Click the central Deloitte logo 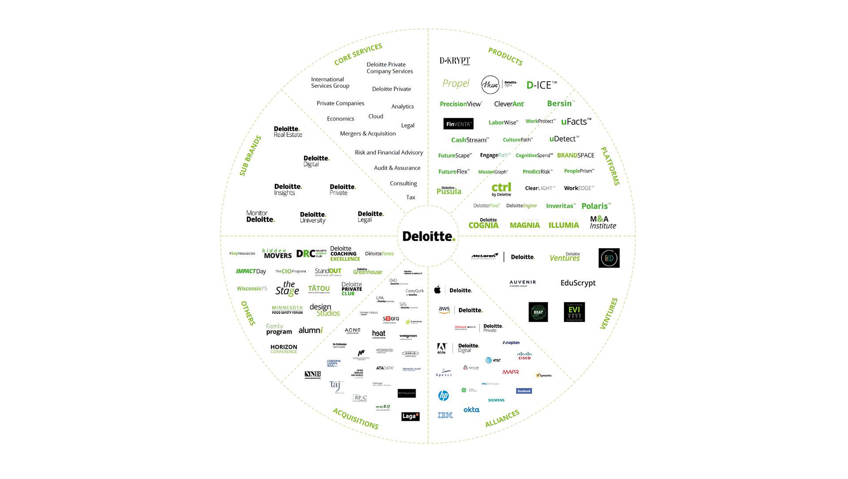point(428,236)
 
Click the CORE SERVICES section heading point(358,54)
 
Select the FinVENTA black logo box point(458,124)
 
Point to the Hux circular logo point(490,84)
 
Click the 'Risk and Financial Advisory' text point(389,152)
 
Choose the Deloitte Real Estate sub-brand point(288,132)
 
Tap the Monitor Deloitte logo point(260,216)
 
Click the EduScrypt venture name point(578,283)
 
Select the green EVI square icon point(574,312)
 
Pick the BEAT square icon point(538,312)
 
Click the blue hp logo point(443,396)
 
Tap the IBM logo point(445,415)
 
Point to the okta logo point(471,410)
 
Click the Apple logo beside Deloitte point(437,290)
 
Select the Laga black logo point(410,416)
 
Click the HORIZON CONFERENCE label point(284,349)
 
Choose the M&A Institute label point(603,222)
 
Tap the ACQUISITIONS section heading point(356,419)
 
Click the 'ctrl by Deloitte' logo point(501,189)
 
